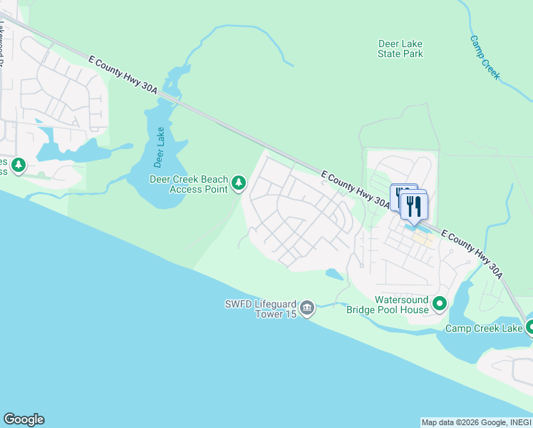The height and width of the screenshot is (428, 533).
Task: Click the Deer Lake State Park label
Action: point(400,49)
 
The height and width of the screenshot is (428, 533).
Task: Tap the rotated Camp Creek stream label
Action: point(485,57)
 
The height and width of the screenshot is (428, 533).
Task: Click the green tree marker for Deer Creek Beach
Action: point(239,185)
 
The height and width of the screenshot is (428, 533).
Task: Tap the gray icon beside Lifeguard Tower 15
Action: point(307,308)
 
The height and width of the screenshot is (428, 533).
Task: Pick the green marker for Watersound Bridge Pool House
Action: point(440,305)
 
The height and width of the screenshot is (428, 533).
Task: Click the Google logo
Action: point(24,419)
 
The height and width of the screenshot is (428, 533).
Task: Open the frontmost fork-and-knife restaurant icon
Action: point(413,206)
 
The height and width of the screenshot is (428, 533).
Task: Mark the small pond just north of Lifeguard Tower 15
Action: point(333,274)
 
